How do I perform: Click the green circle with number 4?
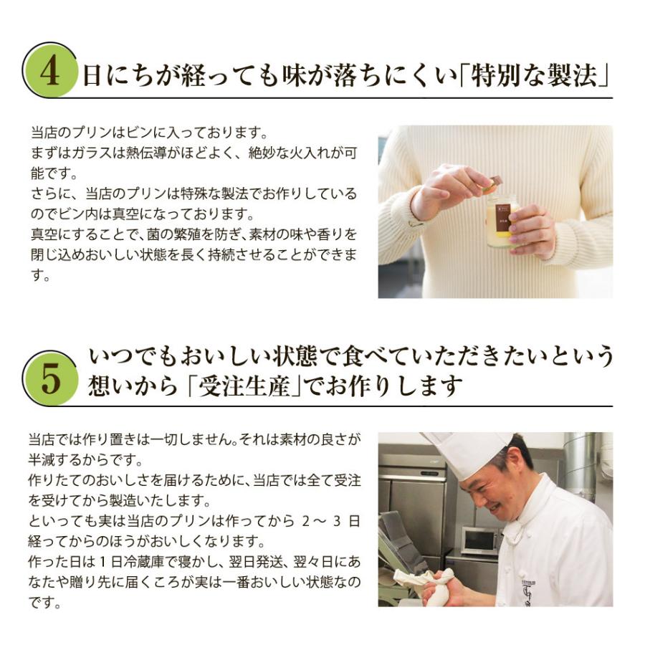point(49,70)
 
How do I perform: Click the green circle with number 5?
point(49,378)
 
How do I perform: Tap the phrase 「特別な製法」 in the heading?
point(534,75)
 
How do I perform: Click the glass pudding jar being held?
point(502,219)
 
